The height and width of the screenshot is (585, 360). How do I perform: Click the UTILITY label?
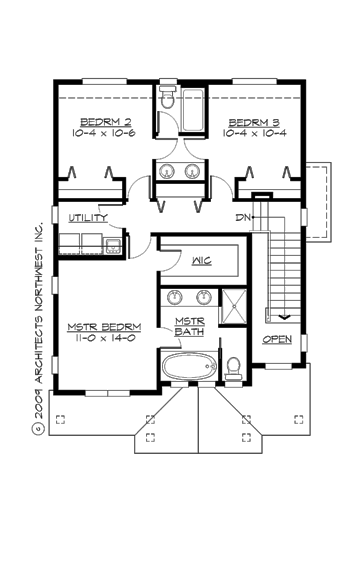point(88,217)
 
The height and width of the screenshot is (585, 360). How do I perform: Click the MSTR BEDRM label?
point(104,327)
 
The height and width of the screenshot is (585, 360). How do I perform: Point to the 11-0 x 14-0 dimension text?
point(104,339)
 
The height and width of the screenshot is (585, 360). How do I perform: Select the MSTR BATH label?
point(190,326)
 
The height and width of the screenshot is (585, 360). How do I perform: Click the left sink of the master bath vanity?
point(176,296)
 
